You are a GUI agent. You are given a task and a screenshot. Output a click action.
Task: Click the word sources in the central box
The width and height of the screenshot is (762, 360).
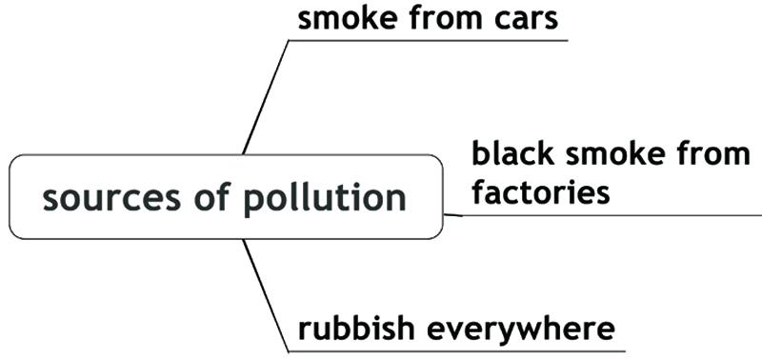111,198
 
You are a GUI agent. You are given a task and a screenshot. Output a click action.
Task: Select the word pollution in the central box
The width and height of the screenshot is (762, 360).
325,197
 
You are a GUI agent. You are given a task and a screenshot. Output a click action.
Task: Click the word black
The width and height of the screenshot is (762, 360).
512,154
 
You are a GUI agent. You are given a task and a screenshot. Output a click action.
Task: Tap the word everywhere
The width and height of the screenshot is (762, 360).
520,330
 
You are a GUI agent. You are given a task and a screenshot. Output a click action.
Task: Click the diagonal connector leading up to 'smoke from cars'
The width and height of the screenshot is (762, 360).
266,97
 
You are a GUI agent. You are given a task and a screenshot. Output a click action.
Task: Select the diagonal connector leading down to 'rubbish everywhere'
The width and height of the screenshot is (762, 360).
266,295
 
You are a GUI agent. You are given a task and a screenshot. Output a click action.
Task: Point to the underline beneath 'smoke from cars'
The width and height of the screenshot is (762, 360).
428,40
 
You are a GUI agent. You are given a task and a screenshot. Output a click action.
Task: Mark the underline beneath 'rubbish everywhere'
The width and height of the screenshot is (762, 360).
457,351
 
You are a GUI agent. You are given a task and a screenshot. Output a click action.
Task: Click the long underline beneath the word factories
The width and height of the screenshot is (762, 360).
612,214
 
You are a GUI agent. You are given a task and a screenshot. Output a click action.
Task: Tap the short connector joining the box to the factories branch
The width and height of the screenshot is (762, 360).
452,214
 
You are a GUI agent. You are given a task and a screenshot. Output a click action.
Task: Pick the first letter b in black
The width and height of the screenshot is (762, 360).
481,154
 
